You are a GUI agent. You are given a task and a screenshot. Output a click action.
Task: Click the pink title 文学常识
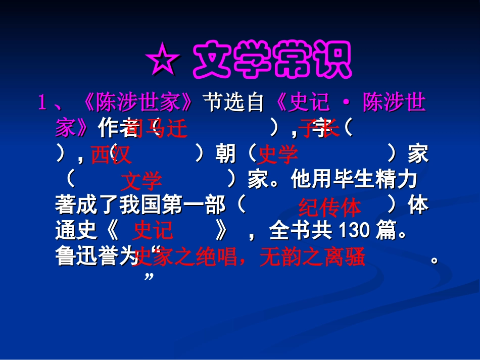272,61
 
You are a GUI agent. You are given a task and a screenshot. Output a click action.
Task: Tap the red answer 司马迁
157,129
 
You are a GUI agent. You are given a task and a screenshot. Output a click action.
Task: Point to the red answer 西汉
111,155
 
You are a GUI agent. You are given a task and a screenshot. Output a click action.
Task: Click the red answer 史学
278,155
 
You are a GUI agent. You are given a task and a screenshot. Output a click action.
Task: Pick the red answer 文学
141,181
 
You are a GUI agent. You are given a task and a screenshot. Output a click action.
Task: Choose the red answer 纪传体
330,207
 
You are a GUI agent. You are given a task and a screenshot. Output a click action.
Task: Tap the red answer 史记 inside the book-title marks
153,231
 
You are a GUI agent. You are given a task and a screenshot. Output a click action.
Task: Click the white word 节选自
234,103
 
